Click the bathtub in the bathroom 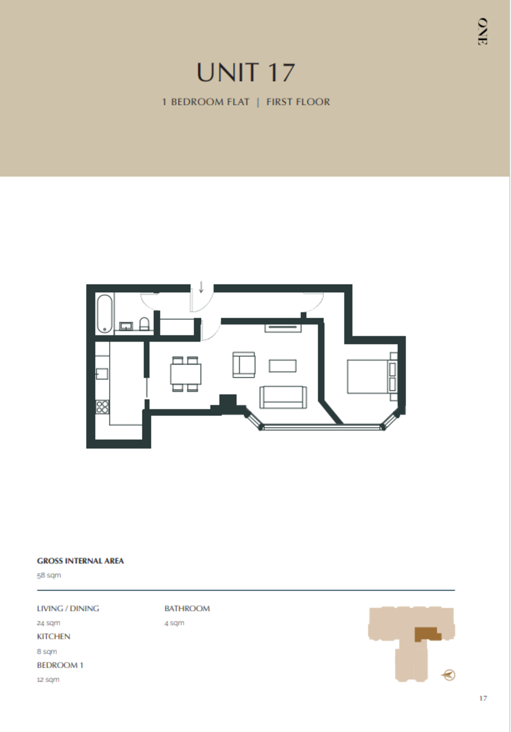(x=104, y=314)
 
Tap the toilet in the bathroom (x=144, y=324)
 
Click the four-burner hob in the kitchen (x=102, y=407)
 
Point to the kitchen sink (x=102, y=373)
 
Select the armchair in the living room (x=245, y=365)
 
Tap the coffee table (x=282, y=365)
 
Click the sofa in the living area (x=283, y=397)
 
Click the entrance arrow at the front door (x=201, y=287)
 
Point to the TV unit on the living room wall (x=283, y=328)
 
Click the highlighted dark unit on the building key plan (x=427, y=634)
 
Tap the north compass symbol (x=449, y=675)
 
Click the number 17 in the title (x=280, y=73)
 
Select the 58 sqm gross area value (x=49, y=575)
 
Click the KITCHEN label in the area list (x=54, y=636)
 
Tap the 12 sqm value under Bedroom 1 (x=48, y=680)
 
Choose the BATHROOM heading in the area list (x=187, y=608)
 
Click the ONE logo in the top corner (x=482, y=32)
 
